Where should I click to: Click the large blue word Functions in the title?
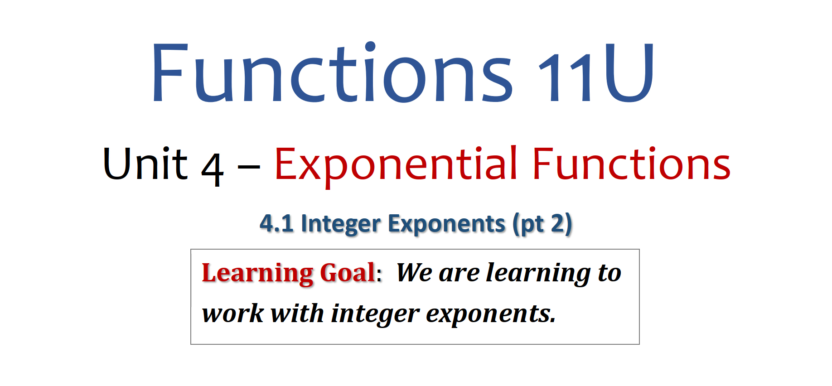point(333,72)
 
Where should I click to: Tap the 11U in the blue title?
point(596,72)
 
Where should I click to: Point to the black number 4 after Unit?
point(212,169)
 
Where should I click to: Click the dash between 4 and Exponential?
point(249,167)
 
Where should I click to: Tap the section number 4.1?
point(276,223)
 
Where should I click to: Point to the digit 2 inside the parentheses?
point(558,223)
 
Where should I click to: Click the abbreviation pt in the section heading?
point(532,225)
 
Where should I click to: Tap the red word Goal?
point(348,273)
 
